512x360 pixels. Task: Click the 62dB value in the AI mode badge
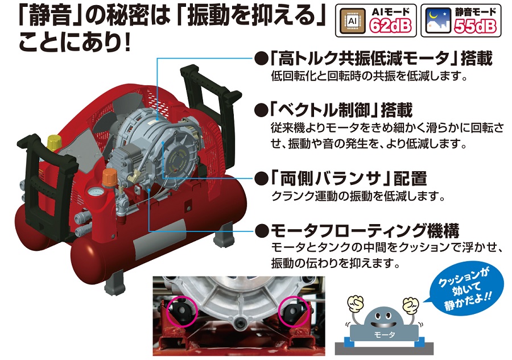coord(390,26)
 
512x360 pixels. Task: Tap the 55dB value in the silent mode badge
coord(476,26)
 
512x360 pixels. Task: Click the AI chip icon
coord(353,21)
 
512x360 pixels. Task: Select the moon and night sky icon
coord(438,21)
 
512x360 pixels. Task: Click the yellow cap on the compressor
coord(54,142)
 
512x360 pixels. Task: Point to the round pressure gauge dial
coord(95,192)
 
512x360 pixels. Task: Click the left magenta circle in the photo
coord(182,311)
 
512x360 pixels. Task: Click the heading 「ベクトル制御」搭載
coord(341,110)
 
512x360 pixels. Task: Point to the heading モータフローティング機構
coord(365,231)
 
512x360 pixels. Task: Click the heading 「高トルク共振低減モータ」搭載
coord(381,59)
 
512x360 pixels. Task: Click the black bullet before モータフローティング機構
coord(262,231)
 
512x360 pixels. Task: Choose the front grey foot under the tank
coord(114,283)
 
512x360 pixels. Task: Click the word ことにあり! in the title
coord(75,43)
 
